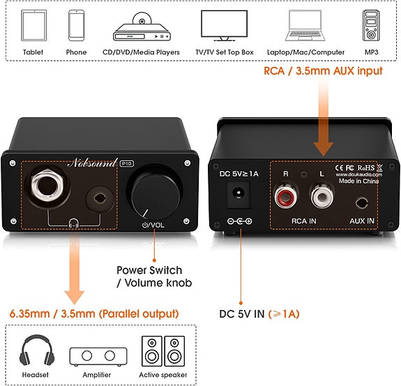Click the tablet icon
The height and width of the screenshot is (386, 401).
[x=33, y=27]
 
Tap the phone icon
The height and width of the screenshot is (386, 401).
[x=77, y=27]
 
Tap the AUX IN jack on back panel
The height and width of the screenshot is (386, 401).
[x=362, y=203]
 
